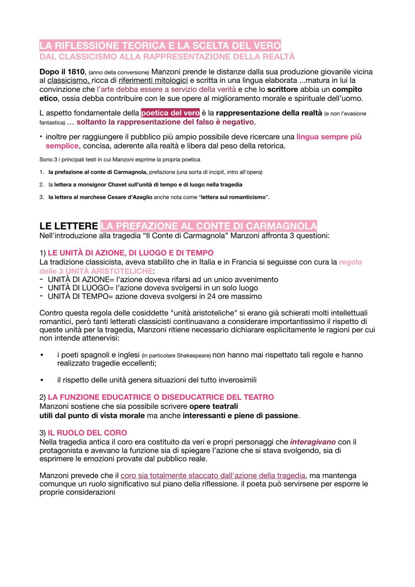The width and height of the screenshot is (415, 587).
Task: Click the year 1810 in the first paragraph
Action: (x=76, y=72)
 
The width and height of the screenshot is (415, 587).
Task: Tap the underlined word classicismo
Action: (x=68, y=81)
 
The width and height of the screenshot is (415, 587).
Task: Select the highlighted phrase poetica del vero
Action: (x=170, y=113)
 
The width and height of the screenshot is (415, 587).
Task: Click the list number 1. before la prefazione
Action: (x=42, y=172)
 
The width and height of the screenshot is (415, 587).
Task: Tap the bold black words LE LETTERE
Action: (x=69, y=226)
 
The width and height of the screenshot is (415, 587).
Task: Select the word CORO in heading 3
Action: (x=115, y=433)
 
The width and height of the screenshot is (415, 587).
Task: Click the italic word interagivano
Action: (x=313, y=442)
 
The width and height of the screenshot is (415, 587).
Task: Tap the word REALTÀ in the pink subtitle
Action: (x=279, y=57)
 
